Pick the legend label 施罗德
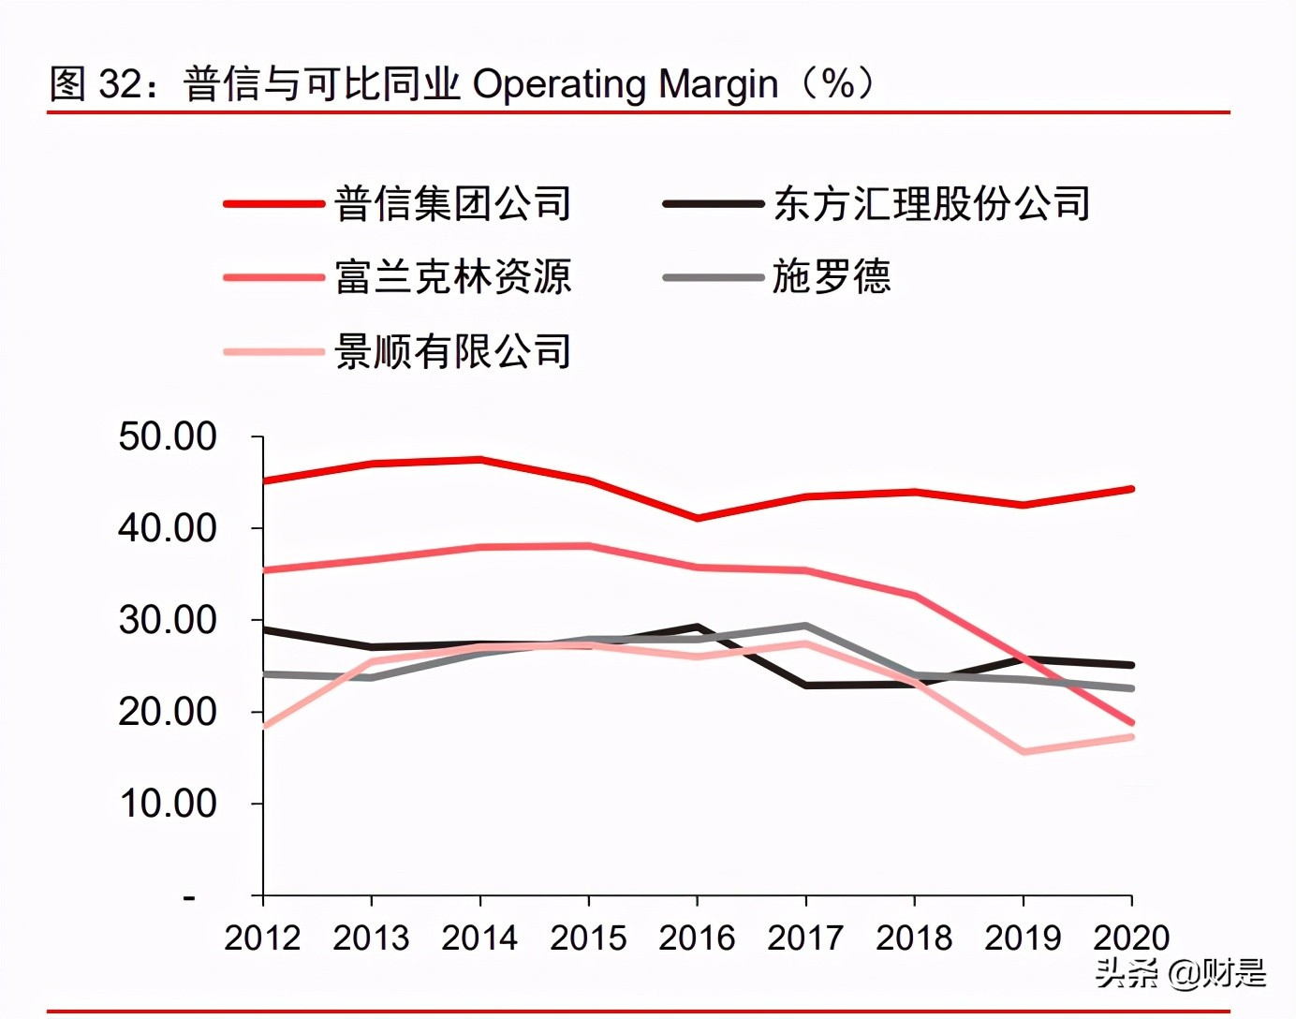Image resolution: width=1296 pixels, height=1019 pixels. (832, 277)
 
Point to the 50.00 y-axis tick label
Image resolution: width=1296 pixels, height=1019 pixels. (168, 436)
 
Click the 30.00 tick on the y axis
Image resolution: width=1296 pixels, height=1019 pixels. (168, 620)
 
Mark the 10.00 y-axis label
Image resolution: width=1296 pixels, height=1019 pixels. (168, 804)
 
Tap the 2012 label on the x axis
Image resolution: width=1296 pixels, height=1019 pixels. (262, 938)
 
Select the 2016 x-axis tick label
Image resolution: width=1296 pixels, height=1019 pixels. (697, 938)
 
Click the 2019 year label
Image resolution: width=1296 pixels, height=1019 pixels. (1023, 938)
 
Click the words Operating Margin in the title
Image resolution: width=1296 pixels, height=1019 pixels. (625, 84)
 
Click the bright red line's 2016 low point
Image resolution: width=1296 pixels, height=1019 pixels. (698, 518)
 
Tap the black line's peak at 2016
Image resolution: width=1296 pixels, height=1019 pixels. (698, 627)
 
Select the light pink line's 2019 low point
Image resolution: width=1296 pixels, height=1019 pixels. (1024, 752)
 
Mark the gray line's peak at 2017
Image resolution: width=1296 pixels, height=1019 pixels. (806, 626)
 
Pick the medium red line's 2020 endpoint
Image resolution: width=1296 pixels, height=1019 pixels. (1131, 722)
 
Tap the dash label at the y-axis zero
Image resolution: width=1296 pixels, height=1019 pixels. (189, 897)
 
